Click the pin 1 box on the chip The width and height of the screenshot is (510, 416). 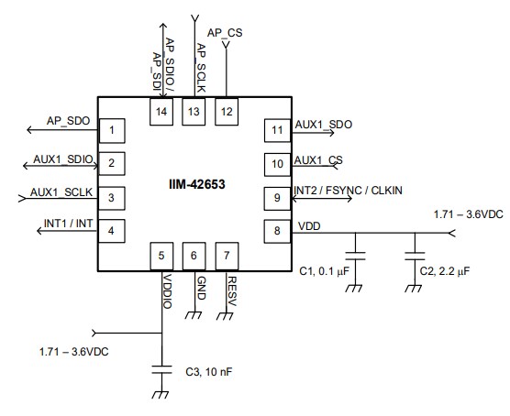click(x=112, y=131)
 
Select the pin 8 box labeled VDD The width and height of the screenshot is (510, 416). click(x=276, y=230)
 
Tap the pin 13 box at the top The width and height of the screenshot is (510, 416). click(x=194, y=111)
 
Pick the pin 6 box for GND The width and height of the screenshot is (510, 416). click(x=194, y=257)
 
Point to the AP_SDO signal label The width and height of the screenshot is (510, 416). click(x=68, y=120)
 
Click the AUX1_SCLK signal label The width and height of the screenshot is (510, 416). click(x=61, y=192)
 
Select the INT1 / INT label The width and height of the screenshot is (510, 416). click(x=68, y=224)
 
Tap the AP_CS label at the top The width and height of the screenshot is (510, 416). click(x=226, y=32)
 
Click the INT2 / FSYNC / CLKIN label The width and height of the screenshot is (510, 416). click(x=349, y=190)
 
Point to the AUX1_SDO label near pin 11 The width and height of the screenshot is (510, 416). click(x=323, y=124)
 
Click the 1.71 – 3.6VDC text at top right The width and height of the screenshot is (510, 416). click(x=468, y=214)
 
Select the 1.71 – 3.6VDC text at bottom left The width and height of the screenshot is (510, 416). click(x=72, y=351)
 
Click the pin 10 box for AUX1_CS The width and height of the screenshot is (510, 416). click(x=276, y=164)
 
